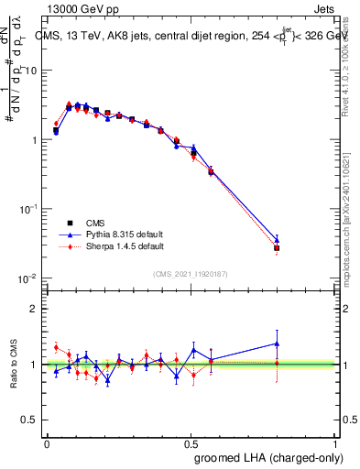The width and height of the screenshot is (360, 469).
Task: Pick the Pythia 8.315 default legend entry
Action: pos(101,234)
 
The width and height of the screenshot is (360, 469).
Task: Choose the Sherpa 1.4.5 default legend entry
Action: pos(101,246)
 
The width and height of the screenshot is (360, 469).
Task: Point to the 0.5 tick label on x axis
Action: pos(191,442)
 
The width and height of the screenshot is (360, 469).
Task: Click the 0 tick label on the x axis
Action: pos(47,442)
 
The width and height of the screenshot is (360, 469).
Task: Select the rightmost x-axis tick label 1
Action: pos(336,442)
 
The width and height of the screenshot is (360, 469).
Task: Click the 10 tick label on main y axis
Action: pos(32,71)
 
